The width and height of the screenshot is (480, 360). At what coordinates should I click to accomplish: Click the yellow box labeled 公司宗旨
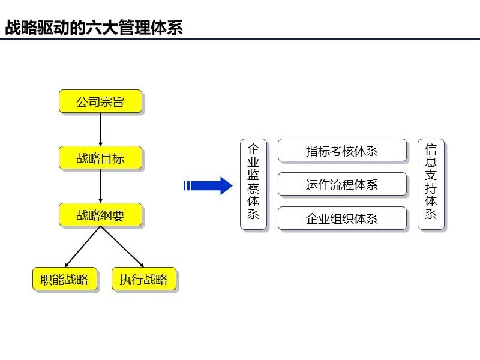(100, 101)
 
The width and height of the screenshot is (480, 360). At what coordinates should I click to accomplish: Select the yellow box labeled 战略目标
(100, 158)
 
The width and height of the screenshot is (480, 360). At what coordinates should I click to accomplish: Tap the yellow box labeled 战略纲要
(100, 215)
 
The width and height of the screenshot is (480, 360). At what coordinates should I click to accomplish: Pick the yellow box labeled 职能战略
(64, 279)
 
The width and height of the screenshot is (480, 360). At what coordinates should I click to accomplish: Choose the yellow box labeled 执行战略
(143, 279)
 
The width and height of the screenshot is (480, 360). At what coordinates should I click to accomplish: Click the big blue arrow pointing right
(210, 186)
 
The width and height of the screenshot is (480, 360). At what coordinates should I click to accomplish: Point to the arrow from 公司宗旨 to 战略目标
(100, 128)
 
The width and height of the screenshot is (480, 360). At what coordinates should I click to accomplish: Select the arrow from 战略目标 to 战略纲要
(100, 185)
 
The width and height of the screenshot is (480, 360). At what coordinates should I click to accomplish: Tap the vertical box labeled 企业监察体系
(253, 184)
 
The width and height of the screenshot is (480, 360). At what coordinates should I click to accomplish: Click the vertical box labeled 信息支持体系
(431, 184)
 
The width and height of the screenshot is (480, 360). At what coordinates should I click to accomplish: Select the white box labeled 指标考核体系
(342, 151)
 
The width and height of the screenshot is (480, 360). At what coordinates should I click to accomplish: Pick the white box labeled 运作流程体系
(342, 184)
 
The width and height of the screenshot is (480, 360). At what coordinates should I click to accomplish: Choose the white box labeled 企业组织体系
(342, 218)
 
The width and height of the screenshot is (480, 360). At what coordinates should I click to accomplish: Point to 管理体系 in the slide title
(151, 28)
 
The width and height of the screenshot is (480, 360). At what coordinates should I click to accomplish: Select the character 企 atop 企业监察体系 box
(253, 148)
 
